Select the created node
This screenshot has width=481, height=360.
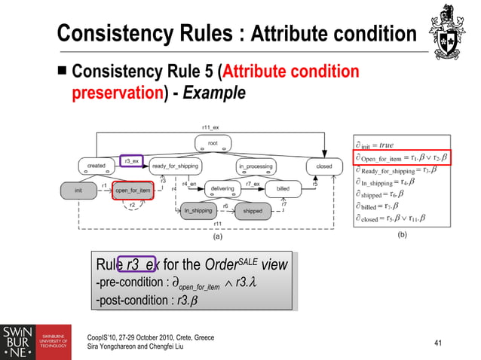(96, 166)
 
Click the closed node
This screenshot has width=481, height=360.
(323, 166)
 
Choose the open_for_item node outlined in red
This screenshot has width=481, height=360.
(133, 190)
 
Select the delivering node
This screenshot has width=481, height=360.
(222, 189)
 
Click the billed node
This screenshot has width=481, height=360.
(283, 189)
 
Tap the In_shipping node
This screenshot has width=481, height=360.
(198, 212)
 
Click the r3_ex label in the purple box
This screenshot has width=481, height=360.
(131, 161)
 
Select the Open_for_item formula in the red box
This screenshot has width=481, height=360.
(401, 157)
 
